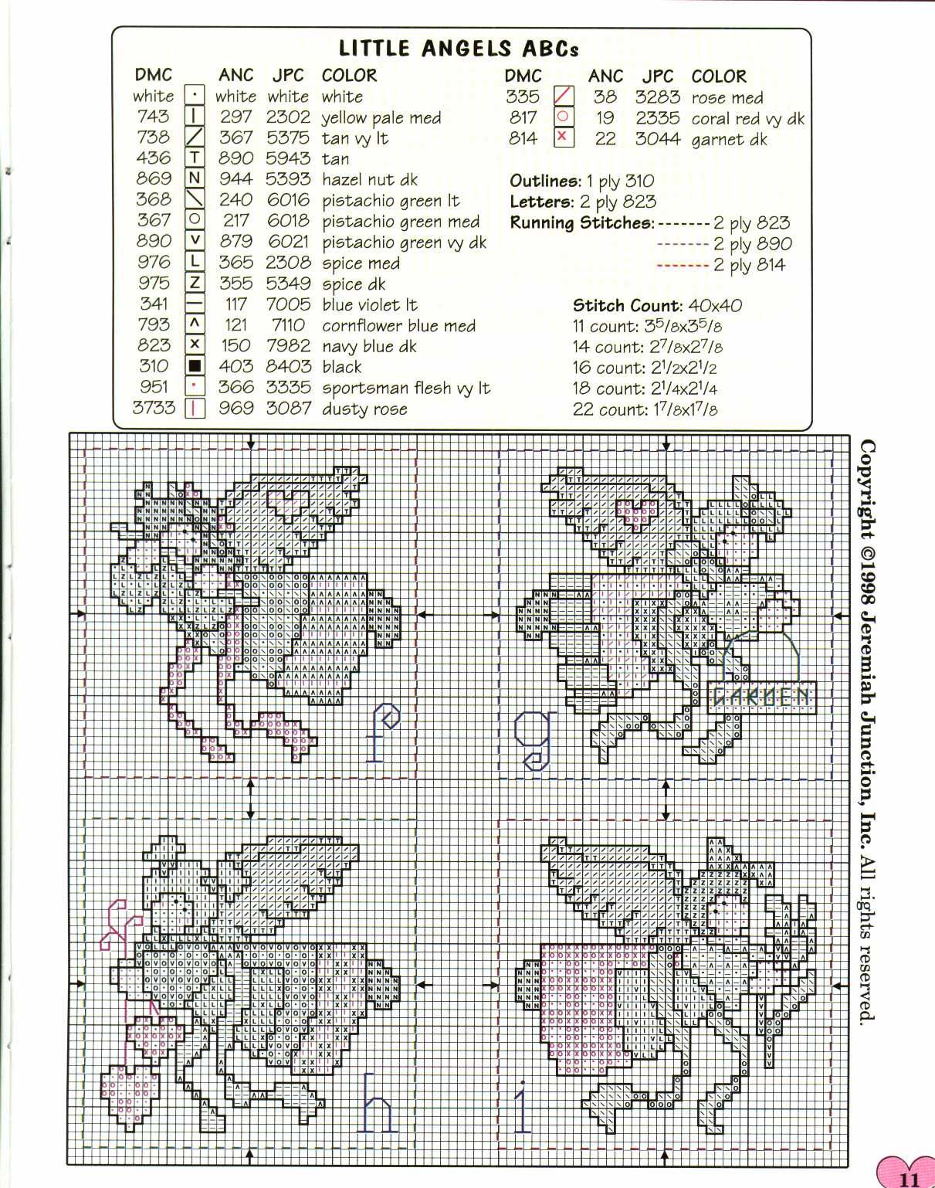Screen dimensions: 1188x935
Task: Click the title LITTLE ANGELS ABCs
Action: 459,49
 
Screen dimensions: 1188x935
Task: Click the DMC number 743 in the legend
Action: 153,117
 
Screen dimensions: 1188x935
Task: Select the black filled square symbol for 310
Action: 195,366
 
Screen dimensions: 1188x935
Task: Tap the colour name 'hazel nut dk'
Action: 369,180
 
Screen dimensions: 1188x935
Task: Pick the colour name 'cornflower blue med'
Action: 398,326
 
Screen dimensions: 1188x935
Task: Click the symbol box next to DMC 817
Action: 564,117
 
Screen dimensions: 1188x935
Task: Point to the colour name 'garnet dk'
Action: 729,139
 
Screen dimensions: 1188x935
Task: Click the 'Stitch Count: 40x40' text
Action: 657,305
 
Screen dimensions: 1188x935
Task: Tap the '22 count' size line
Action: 645,409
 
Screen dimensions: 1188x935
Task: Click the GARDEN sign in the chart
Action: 761,697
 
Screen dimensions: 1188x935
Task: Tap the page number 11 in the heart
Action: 908,1179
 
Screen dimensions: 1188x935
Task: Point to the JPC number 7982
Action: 288,346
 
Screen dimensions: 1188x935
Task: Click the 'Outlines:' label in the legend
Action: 545,182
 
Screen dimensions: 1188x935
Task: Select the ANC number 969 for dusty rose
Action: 236,409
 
